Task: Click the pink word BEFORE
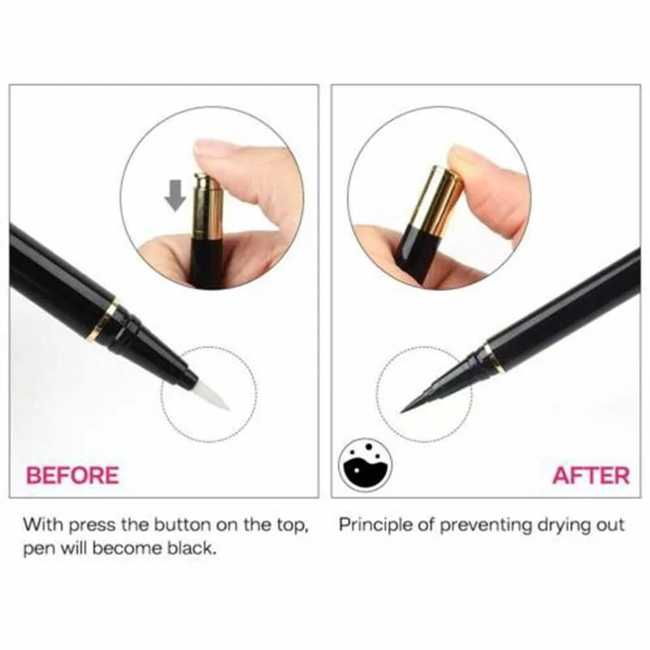(73, 474)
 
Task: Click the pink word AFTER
(590, 474)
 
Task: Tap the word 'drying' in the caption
(554, 524)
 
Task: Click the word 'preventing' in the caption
(479, 524)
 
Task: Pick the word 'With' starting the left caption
(41, 524)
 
